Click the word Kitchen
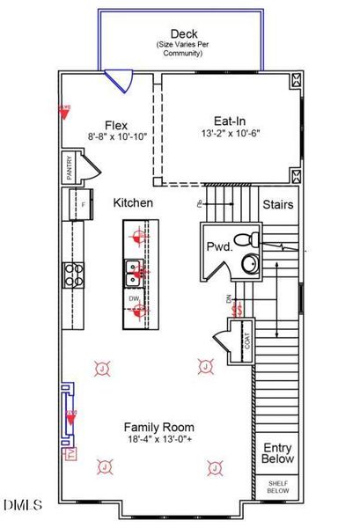tap(134, 202)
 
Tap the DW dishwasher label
tap(134, 299)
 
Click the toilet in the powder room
tap(250, 237)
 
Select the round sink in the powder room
tap(250, 263)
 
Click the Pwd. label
tap(219, 247)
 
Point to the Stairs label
tap(277, 204)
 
